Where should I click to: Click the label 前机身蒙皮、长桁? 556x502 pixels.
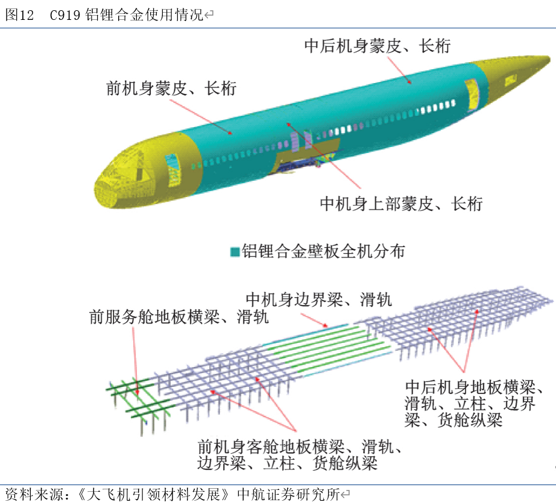[x=171, y=89]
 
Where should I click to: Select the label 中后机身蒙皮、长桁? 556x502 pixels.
[x=377, y=46]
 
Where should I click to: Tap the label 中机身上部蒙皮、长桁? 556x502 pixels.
[x=401, y=204]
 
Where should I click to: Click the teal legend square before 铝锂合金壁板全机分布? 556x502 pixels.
[x=235, y=252]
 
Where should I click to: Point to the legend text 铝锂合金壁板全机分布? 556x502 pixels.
[x=323, y=251]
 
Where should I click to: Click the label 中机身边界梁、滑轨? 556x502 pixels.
[x=318, y=298]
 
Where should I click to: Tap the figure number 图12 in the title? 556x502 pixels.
[x=19, y=16]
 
